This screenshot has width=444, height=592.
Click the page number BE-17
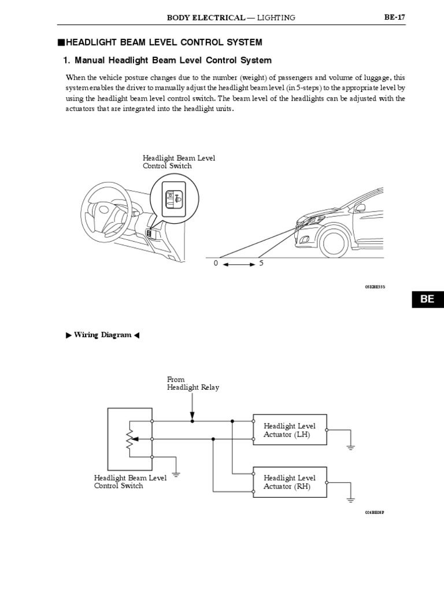pyautogui.click(x=395, y=17)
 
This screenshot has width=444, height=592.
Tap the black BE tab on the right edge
pyautogui.click(x=427, y=299)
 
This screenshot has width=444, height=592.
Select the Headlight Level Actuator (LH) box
pyautogui.click(x=290, y=430)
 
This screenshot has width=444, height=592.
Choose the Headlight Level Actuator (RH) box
pyautogui.click(x=290, y=482)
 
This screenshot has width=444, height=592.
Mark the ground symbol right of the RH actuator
pyautogui.click(x=350, y=499)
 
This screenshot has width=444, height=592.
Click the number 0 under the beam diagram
pyautogui.click(x=216, y=264)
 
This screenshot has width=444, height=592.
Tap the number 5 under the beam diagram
pyautogui.click(x=261, y=264)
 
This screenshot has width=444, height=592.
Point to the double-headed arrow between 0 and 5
pyautogui.click(x=238, y=264)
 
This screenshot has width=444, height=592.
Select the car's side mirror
pyautogui.click(x=360, y=207)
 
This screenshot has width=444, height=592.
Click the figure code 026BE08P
pyautogui.click(x=374, y=513)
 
